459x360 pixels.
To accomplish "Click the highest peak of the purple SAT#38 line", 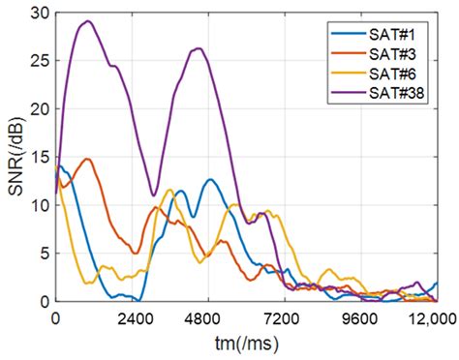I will click(x=88, y=21).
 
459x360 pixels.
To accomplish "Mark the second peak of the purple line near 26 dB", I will click(x=199, y=48).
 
